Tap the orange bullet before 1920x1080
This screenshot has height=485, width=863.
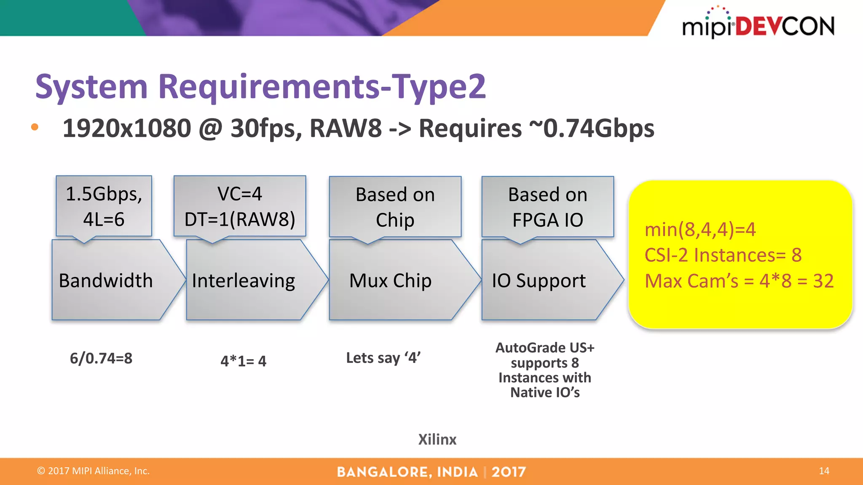click(35, 127)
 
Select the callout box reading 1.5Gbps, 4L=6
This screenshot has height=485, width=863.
click(104, 206)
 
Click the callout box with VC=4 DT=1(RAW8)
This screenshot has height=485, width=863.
click(240, 206)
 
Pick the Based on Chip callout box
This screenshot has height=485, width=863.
click(395, 207)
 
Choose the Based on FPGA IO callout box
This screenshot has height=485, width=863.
click(547, 207)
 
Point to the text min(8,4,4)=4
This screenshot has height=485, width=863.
click(700, 230)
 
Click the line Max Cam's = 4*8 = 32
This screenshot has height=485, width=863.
click(739, 281)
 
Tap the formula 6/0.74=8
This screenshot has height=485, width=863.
click(101, 358)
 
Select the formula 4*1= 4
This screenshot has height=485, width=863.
click(243, 361)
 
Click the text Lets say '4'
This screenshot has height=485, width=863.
click(383, 358)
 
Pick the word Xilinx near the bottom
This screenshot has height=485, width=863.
click(437, 439)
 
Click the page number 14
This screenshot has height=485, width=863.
click(824, 471)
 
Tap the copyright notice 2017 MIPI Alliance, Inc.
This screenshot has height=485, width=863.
click(94, 471)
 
